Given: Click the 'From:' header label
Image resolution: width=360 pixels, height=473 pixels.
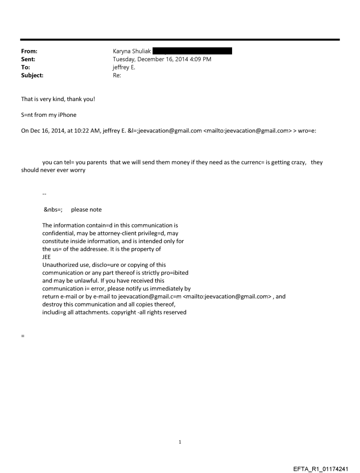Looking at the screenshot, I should click(x=29, y=51).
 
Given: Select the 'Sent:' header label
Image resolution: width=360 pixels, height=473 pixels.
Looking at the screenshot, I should click(x=28, y=59).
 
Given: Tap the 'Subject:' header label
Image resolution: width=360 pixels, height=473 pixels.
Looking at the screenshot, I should click(x=32, y=75).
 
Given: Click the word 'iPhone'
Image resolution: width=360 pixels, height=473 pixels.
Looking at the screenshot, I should click(x=67, y=115).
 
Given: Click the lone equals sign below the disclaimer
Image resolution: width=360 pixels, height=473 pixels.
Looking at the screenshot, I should click(x=22, y=336).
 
